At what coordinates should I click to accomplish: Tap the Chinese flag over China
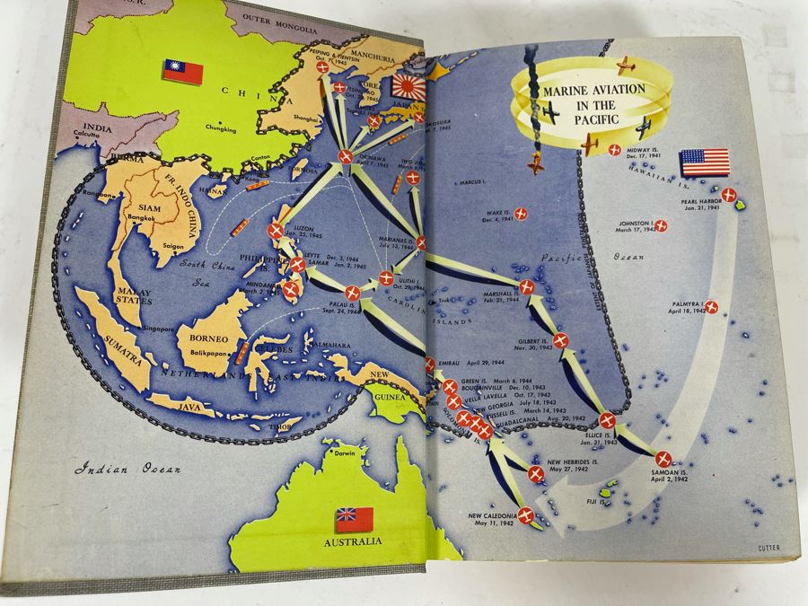pos(182,72)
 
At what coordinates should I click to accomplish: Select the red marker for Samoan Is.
pos(663,460)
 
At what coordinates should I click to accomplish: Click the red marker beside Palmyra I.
pos(711,308)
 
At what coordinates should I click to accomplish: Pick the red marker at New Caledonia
pos(526,515)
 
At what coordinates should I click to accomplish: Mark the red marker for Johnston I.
pos(660,226)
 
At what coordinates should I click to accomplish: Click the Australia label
pos(356,541)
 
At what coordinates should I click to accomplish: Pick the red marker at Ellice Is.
pos(607,420)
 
